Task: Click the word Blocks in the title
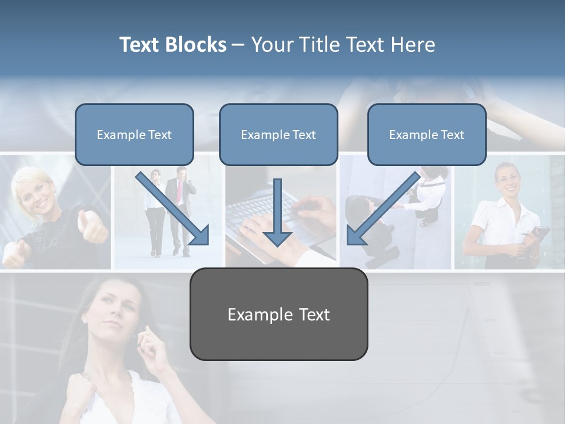(197, 45)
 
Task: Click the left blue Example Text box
(134, 134)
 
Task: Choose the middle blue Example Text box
(278, 134)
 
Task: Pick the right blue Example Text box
(427, 134)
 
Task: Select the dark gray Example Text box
(278, 314)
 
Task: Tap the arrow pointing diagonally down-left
(383, 209)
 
